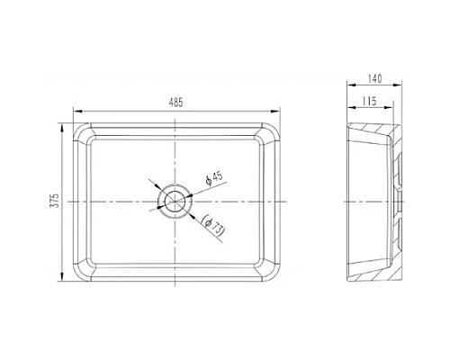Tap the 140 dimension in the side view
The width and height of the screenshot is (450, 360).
coord(375,79)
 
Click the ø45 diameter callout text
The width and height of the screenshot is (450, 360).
coord(214,179)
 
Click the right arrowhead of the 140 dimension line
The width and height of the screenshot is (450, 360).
coord(408,87)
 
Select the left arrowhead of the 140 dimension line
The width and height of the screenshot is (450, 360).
coord(347,87)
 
